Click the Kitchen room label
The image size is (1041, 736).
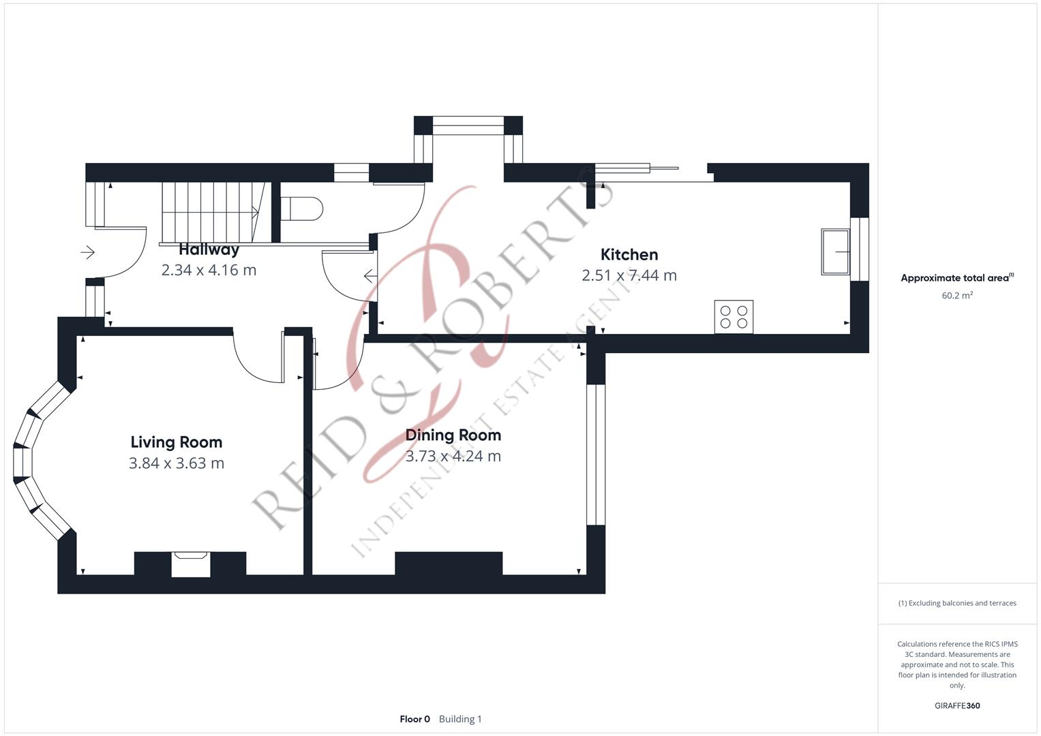(x=629, y=254)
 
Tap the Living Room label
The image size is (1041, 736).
(x=176, y=442)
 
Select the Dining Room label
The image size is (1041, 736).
(x=453, y=435)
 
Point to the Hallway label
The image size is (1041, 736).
(x=209, y=249)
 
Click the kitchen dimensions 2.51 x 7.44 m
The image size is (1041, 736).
(x=629, y=275)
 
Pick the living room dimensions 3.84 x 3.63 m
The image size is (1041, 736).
(x=176, y=463)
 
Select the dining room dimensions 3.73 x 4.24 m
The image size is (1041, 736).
(x=453, y=456)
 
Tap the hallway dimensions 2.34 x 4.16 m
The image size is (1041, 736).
(x=209, y=270)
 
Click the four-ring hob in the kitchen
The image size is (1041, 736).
(x=734, y=317)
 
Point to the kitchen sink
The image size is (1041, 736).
(x=835, y=252)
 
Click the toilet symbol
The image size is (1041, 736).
(x=301, y=209)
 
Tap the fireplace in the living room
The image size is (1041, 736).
(x=190, y=564)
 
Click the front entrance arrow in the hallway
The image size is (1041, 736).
(x=87, y=253)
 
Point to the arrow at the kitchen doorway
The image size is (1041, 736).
(x=370, y=276)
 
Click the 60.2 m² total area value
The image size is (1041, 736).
(x=956, y=296)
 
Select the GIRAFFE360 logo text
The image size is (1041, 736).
(x=956, y=705)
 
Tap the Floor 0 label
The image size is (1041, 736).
(x=414, y=719)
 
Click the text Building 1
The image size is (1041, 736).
(x=460, y=719)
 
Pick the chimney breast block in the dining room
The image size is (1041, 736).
(x=449, y=564)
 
